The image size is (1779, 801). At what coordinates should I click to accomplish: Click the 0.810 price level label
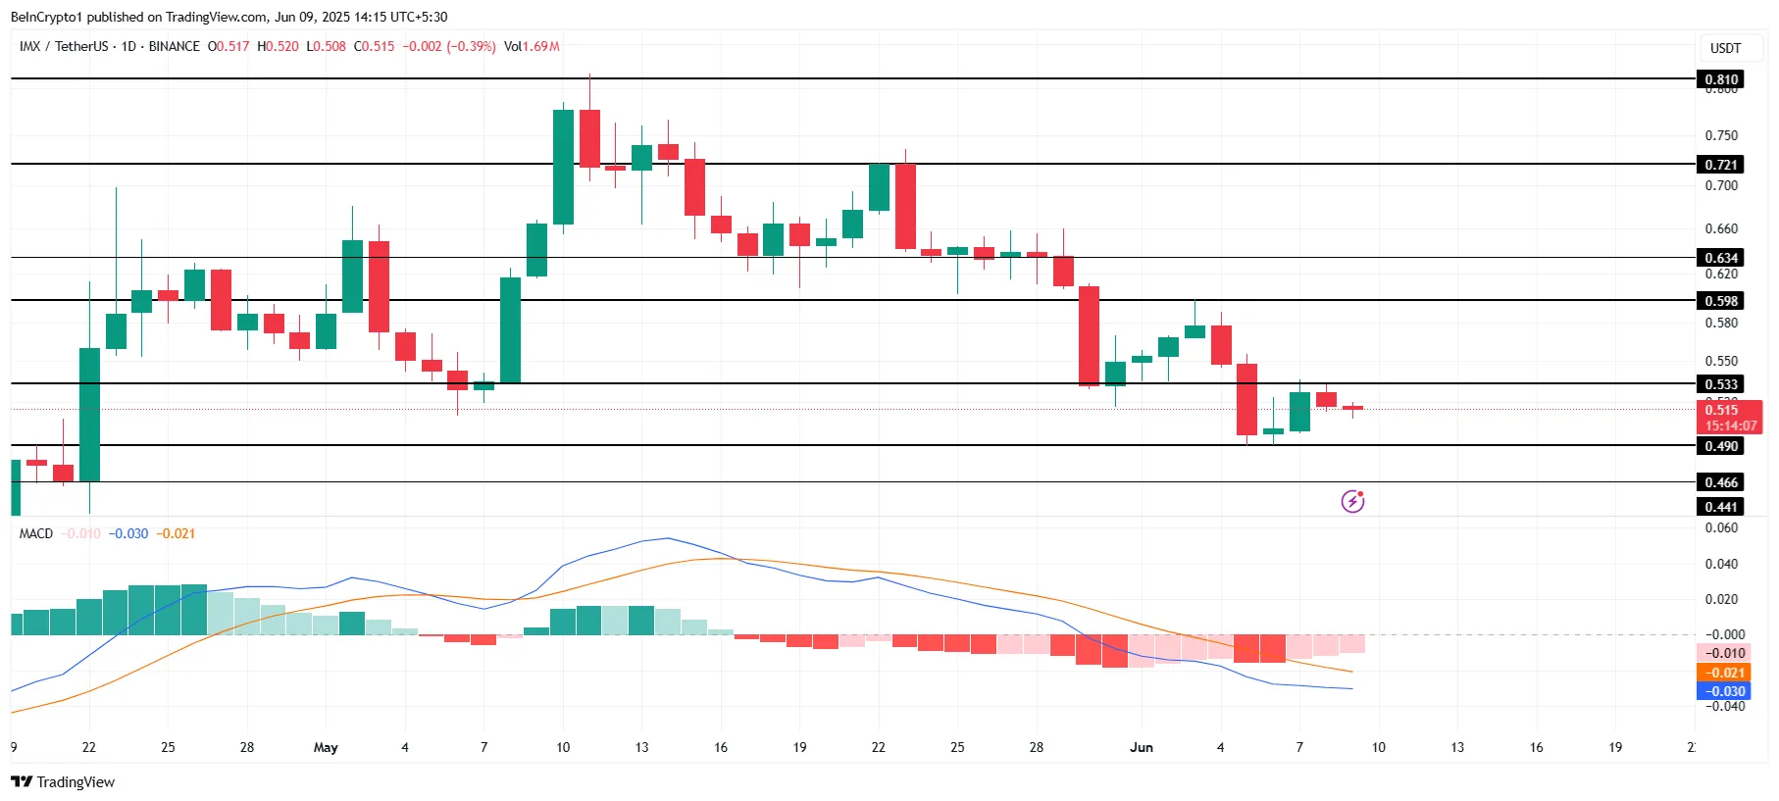point(1720,79)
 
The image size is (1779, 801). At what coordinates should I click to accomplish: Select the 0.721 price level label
point(1720,165)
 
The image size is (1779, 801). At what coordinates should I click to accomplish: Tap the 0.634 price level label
point(1720,258)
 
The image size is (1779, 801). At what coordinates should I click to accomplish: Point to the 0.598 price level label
point(1720,301)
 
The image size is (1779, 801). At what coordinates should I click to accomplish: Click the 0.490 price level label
point(1720,446)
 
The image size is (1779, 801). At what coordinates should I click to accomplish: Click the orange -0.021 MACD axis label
point(1724,673)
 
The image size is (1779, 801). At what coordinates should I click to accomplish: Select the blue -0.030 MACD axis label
point(1724,691)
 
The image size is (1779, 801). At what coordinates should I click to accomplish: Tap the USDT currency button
point(1725,48)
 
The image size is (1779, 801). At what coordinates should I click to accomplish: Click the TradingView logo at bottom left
point(63,781)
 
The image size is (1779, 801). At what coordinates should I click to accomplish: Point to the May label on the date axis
point(326,747)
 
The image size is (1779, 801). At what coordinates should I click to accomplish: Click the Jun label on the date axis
point(1142,747)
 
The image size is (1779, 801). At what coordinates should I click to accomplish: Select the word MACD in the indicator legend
point(36,533)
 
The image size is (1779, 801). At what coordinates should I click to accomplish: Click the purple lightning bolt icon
point(1352,502)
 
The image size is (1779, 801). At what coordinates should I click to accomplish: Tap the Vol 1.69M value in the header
point(532,46)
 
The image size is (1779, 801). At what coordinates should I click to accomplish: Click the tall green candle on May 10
point(563,167)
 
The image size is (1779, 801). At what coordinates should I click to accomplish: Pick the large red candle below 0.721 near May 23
point(905,206)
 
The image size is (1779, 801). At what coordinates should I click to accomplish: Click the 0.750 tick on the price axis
point(1721,135)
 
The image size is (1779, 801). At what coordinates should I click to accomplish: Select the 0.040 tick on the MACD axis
point(1721,564)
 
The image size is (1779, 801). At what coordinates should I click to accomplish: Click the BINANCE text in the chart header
point(174,46)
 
